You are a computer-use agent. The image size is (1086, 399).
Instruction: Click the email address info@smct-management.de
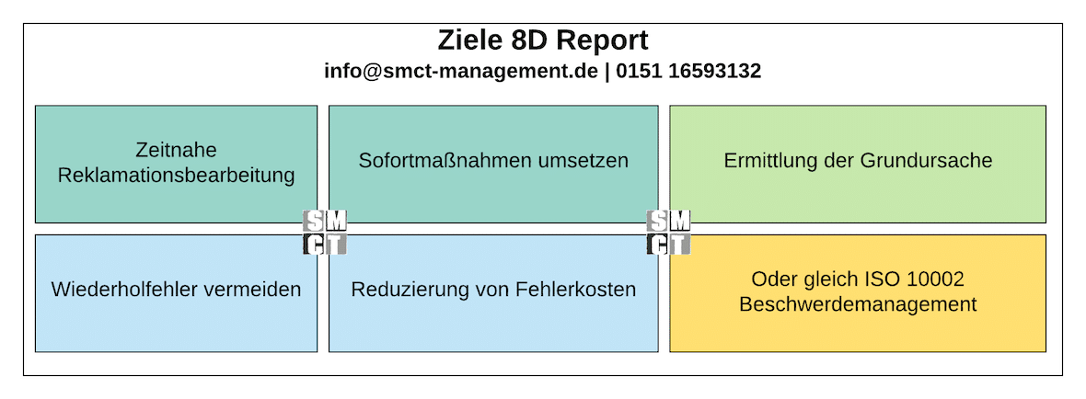tap(461, 71)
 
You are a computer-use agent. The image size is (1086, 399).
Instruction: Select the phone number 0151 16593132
tap(687, 71)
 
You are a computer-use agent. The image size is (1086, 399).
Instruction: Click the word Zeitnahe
tap(176, 150)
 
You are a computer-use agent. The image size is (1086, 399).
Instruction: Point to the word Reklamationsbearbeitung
tap(176, 175)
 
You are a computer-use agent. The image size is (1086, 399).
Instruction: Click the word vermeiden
tap(255, 290)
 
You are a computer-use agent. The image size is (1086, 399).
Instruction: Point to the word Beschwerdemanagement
tap(858, 303)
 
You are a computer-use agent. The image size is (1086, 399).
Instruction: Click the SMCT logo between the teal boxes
tap(325, 232)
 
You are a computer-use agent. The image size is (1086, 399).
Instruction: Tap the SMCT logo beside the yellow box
tap(669, 232)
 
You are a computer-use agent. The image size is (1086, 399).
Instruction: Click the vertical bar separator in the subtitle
tap(607, 71)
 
